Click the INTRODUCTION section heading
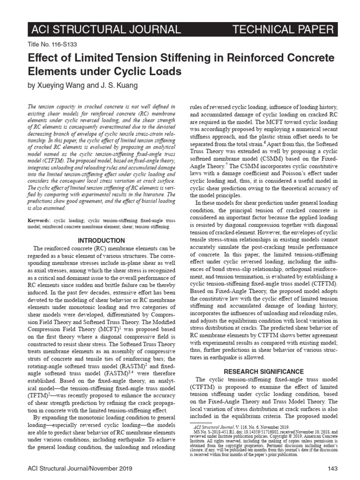tap(99, 240)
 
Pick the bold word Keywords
tap(40, 220)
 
